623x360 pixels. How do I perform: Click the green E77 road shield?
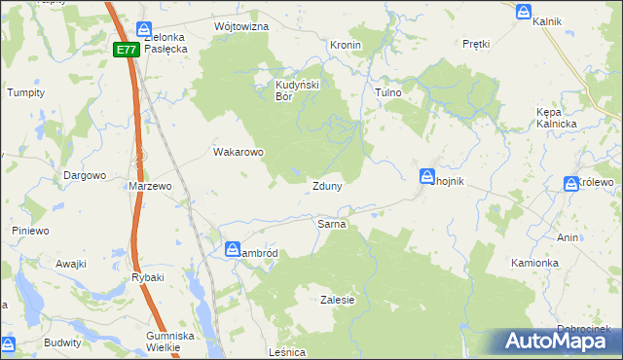click(125, 50)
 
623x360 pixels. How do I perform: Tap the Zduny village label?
click(326, 186)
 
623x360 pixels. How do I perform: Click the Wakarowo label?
click(238, 152)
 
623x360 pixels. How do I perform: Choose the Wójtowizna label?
click(240, 26)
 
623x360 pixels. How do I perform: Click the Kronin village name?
click(346, 45)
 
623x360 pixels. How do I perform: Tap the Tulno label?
click(388, 92)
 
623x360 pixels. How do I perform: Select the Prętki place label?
click(476, 44)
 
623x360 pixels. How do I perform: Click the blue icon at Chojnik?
click(427, 176)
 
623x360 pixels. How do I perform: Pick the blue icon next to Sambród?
click(233, 250)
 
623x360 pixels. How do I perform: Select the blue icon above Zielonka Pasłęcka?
click(144, 30)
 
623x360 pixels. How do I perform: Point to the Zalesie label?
click(337, 301)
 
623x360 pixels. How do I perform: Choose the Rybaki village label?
click(148, 277)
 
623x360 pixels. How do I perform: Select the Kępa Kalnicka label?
click(557, 118)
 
